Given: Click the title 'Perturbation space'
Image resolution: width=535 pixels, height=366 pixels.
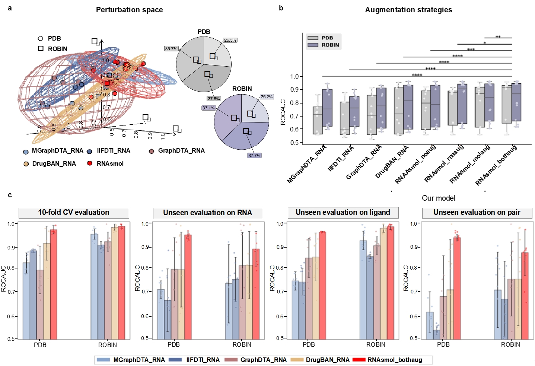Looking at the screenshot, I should [x=129, y=10].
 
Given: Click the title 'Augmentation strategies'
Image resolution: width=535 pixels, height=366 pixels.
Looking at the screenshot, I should [x=408, y=10].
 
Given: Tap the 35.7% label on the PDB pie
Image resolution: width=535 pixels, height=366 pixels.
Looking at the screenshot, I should [x=171, y=49].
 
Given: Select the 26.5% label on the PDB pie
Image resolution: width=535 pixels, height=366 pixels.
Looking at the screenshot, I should [x=230, y=40].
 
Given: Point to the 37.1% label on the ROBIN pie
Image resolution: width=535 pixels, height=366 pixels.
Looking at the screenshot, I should [x=208, y=108].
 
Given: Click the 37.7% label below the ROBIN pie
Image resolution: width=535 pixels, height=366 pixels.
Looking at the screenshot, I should [x=254, y=155].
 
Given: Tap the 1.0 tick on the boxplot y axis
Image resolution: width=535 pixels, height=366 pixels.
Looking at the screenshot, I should [x=294, y=76].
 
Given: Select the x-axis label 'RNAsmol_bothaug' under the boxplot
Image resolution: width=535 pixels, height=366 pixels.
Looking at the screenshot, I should [x=496, y=165].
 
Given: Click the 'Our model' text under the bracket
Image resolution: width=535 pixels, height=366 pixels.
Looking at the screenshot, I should [x=438, y=198].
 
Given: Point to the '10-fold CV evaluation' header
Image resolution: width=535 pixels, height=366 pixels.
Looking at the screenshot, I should [x=74, y=213].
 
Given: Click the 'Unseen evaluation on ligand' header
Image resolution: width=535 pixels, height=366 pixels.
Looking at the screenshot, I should [x=343, y=213].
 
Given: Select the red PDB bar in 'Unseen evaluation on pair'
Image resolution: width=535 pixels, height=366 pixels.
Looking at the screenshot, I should [x=457, y=288].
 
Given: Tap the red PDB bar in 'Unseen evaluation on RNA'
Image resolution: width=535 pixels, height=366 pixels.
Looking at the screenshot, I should [x=188, y=287].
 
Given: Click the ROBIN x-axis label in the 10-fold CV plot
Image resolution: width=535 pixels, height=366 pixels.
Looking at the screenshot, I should [x=108, y=345].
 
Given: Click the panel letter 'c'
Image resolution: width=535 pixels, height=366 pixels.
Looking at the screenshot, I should [x=10, y=195].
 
